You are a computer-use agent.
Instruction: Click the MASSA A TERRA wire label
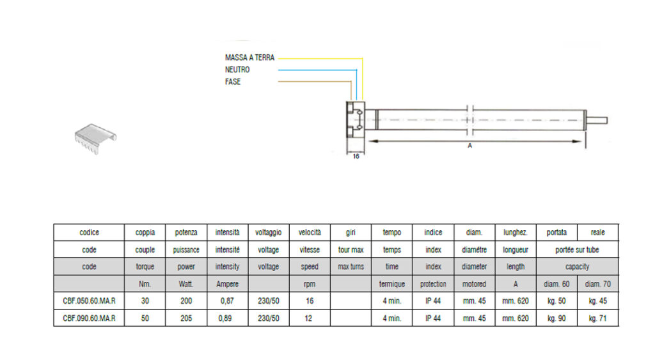pos(250,58)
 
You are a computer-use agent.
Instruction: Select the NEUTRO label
pos(237,70)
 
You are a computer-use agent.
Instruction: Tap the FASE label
pos(233,82)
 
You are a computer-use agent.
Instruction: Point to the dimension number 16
pos(356,156)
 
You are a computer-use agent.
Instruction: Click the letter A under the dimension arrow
pos(470,146)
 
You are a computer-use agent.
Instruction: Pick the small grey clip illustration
pos(96,139)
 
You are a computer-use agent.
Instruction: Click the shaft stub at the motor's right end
pos(597,121)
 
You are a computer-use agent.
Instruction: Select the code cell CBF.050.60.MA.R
pos(89,301)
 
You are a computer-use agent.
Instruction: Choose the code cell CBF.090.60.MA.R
pos(89,318)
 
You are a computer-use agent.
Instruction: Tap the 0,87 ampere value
pos(227,301)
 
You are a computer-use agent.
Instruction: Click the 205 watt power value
pos(186,318)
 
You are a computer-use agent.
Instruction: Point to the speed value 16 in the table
pos(310,301)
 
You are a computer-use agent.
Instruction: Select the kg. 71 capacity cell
pos(598,318)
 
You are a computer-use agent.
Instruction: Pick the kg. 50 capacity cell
pos(556,301)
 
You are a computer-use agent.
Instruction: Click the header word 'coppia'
pos(145,233)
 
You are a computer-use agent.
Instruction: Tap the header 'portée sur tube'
pos(578,250)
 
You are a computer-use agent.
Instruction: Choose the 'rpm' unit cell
pos(310,285)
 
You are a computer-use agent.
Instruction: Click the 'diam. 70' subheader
pos(598,284)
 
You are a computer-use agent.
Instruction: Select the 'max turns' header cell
pos(351,267)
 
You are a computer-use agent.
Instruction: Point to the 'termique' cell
pos(392,284)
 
